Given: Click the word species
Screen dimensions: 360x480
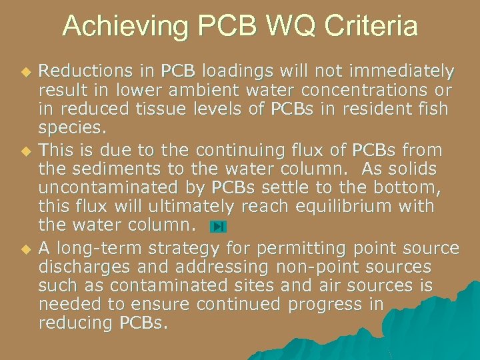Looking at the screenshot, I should tap(68, 127).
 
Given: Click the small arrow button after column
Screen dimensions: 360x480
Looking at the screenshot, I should tap(218, 227).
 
